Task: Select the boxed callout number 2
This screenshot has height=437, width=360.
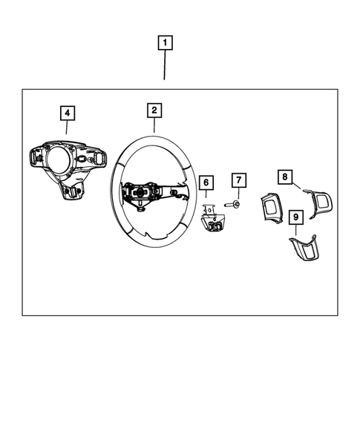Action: [x=154, y=111]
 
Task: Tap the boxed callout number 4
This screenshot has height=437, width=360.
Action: [x=67, y=113]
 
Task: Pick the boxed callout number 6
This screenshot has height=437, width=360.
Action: [x=206, y=181]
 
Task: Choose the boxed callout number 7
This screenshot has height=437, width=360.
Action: [x=238, y=180]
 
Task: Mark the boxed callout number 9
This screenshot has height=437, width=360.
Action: [x=296, y=217]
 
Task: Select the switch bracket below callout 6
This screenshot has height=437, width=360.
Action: [x=214, y=220]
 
